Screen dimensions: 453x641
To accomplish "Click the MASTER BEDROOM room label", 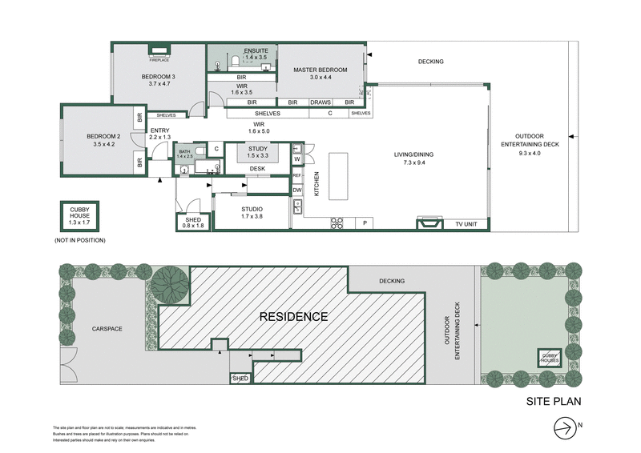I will tap(320, 70).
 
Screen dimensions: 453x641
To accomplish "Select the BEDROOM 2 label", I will tap(103, 137).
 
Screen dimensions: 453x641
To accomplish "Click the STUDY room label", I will tap(257, 148).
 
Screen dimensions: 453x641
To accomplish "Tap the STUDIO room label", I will tap(252, 210).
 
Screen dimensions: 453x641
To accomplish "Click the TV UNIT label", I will tap(466, 224).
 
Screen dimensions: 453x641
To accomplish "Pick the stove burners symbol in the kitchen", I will tap(337, 223).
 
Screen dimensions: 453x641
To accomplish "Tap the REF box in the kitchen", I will tap(296, 174).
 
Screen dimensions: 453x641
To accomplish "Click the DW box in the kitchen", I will tap(296, 190).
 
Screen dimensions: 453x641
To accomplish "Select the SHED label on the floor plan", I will tap(194, 220).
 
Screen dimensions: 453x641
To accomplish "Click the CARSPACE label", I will tap(107, 328).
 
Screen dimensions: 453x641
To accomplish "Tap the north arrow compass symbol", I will tap(564, 427).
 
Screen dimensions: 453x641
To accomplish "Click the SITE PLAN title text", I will tap(553, 402).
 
